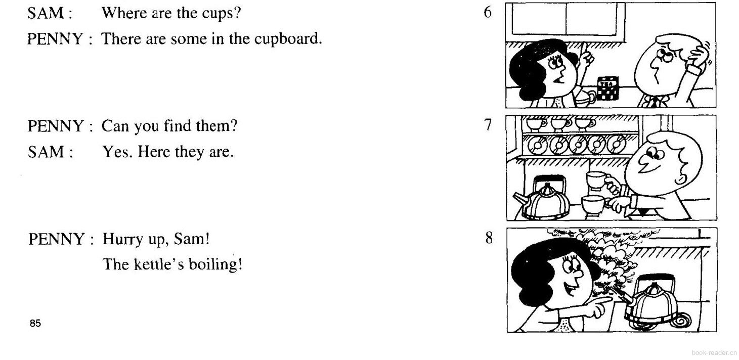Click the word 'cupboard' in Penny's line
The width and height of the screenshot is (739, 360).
point(288,39)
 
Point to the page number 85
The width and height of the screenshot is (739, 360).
point(35,324)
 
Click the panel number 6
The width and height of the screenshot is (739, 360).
point(487,12)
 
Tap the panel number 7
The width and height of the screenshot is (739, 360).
point(488,125)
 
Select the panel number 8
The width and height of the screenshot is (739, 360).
point(489,237)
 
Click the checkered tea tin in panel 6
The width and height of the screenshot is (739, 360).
point(608,88)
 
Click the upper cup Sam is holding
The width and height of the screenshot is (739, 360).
point(598,181)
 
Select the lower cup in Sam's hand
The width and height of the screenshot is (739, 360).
point(593,205)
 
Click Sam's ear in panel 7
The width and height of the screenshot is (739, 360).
point(680,179)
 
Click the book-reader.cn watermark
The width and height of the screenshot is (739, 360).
point(714,353)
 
